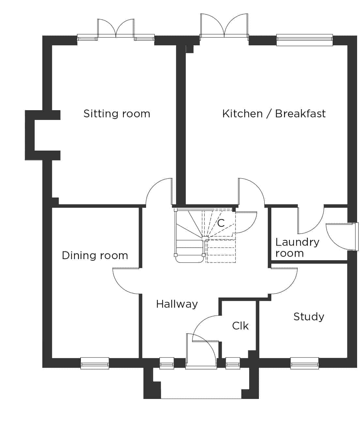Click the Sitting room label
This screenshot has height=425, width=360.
click(x=117, y=114)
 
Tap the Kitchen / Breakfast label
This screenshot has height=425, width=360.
click(x=274, y=114)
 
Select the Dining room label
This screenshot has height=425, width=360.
click(x=95, y=256)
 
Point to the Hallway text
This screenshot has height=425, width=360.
click(x=177, y=304)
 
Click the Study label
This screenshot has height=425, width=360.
click(x=309, y=317)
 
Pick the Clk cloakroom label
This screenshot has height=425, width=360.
click(x=240, y=326)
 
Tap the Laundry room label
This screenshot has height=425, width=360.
click(x=297, y=248)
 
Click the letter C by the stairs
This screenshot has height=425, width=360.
click(x=221, y=223)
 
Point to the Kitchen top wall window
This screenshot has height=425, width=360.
click(x=305, y=40)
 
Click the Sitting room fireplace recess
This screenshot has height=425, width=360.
click(x=30, y=135)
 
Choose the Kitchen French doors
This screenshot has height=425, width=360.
click(x=224, y=26)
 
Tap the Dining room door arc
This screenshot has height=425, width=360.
click(x=122, y=286)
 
